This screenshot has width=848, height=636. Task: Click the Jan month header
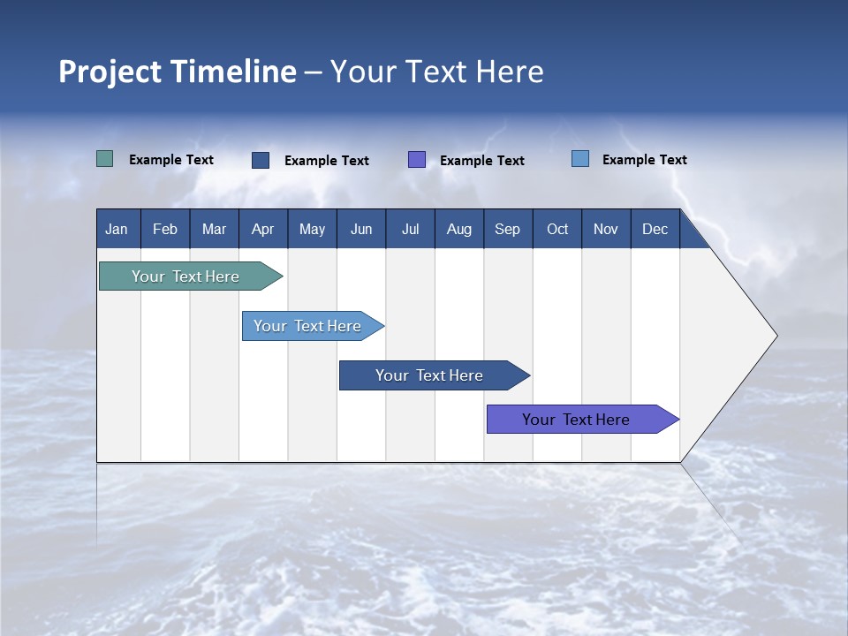[117, 230]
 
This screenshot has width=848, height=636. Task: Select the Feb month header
[165, 230]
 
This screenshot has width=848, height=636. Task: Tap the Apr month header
[263, 230]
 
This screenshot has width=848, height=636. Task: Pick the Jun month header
[361, 230]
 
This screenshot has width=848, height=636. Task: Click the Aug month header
[459, 230]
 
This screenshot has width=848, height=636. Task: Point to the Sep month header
[508, 230]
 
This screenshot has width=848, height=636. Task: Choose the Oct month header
[557, 230]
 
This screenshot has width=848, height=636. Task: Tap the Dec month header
[655, 230]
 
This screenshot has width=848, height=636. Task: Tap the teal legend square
[105, 159]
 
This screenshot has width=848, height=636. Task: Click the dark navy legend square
[261, 160]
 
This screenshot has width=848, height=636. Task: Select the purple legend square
[417, 159]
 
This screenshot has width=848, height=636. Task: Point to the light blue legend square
[580, 159]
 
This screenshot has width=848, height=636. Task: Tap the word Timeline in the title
[233, 72]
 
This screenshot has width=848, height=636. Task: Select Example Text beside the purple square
[482, 161]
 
